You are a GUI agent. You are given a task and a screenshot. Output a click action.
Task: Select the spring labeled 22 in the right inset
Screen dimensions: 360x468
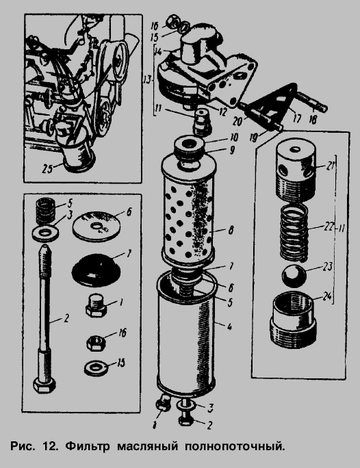[294, 232]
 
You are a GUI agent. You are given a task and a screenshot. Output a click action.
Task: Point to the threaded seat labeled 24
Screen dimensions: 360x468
[294, 321]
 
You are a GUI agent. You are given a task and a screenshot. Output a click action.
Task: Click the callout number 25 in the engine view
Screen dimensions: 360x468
[47, 168]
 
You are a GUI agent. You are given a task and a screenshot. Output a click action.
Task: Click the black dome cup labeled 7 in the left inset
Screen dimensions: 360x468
[97, 270]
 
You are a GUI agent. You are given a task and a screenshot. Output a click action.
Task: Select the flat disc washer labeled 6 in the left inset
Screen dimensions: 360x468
[98, 226]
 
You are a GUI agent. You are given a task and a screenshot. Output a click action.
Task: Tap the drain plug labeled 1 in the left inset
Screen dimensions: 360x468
[97, 307]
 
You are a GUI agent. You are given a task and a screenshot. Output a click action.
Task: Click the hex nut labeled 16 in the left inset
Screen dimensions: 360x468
[97, 343]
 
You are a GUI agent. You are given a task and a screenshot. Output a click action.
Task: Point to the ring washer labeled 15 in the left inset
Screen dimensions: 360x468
[96, 368]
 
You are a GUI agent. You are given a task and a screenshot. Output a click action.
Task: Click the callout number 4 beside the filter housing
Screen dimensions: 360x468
[229, 327]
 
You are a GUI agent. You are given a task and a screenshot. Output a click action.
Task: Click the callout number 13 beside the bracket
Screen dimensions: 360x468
[147, 80]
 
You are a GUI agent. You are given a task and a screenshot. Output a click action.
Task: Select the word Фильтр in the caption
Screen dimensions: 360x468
[88, 447]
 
